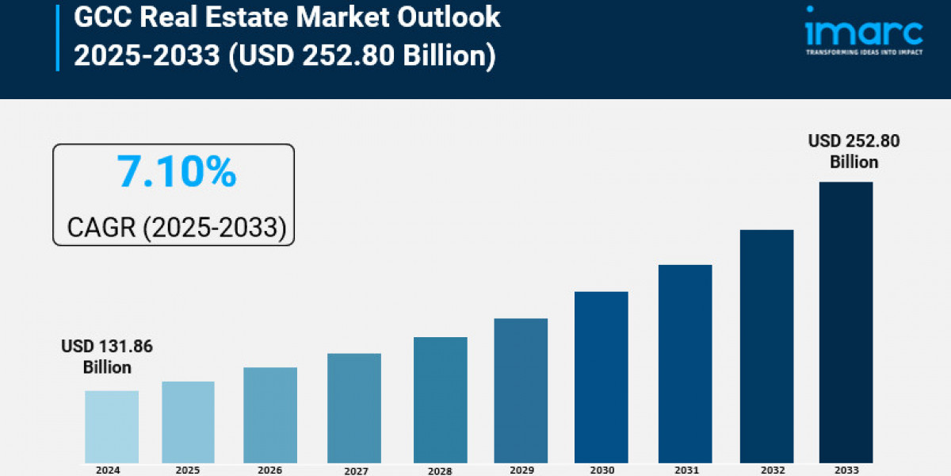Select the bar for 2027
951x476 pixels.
coord(353,408)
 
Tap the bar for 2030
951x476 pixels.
coord(601,377)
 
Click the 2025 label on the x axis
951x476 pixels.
coord(188,470)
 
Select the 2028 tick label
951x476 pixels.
coord(440,470)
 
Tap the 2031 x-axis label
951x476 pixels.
coord(686,470)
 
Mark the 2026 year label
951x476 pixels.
coord(269,470)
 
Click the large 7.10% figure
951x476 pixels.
coord(177,172)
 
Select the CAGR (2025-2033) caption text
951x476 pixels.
coord(176,228)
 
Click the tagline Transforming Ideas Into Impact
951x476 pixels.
coord(864,52)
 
